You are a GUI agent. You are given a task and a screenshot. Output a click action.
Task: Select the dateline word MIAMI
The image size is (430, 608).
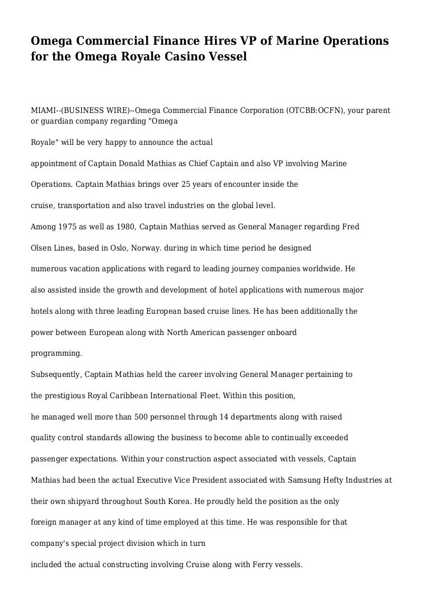pyautogui.click(x=44, y=111)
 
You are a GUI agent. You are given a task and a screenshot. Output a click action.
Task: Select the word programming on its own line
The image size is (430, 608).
pyautogui.click(x=56, y=354)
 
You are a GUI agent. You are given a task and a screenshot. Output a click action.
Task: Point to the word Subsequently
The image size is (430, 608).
pyautogui.click(x=55, y=374)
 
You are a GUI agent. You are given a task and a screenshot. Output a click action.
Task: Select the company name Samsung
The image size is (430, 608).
pyautogui.click(x=303, y=480)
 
